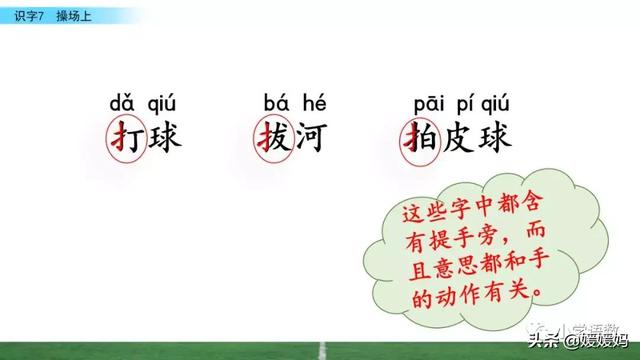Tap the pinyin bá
point(275,103)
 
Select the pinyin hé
point(309,103)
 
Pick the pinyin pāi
point(426,103)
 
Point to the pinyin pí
point(460,103)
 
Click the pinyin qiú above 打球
point(162,103)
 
